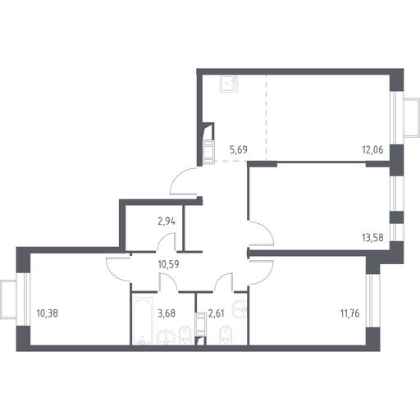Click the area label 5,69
point(239,150)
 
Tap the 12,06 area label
point(372,150)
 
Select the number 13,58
point(372,238)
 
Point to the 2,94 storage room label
point(167,221)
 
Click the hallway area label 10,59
point(168,264)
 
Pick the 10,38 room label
point(47,313)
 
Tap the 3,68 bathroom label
point(167,313)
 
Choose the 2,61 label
point(216,313)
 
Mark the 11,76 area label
point(349,313)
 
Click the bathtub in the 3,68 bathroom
point(143,321)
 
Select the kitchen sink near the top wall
point(229,84)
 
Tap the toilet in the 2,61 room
point(226,335)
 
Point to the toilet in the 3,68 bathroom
point(185,335)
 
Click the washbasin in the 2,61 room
point(240,310)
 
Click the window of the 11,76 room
point(372,300)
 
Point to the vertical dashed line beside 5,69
point(266,117)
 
